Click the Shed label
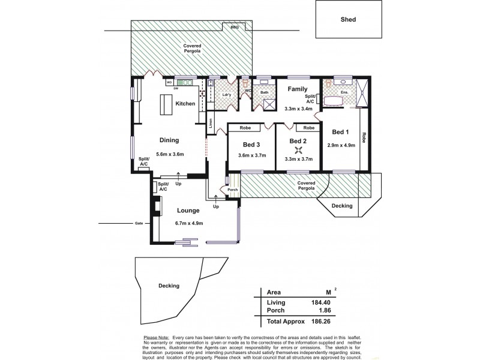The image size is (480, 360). pyautogui.click(x=349, y=19)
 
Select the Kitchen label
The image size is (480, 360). pyautogui.click(x=185, y=104)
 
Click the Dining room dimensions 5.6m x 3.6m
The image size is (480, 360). pyautogui.click(x=169, y=154)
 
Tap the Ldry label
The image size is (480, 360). pyautogui.click(x=226, y=95)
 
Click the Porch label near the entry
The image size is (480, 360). pyautogui.click(x=233, y=190)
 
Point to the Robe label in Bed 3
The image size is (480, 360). pyautogui.click(x=245, y=128)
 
